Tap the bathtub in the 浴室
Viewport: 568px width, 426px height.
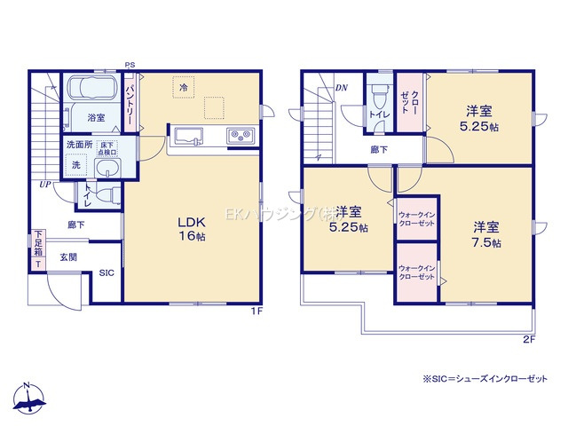pos(97,91)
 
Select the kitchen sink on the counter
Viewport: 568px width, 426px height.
pos(191,136)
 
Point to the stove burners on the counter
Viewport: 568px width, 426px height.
pos(240,136)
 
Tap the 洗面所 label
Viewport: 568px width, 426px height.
pos(76,144)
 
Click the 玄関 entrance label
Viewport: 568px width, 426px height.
pos(68,256)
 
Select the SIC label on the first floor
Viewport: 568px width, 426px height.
pos(106,272)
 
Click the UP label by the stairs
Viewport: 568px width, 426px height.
pos(44,185)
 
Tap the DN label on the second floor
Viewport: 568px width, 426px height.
pos(342,88)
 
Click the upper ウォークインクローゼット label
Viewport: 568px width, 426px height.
pos(416,219)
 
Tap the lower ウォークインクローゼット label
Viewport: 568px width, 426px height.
pos(416,273)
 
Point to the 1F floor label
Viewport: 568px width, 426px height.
pos(256,312)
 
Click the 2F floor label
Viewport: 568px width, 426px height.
pos(528,339)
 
